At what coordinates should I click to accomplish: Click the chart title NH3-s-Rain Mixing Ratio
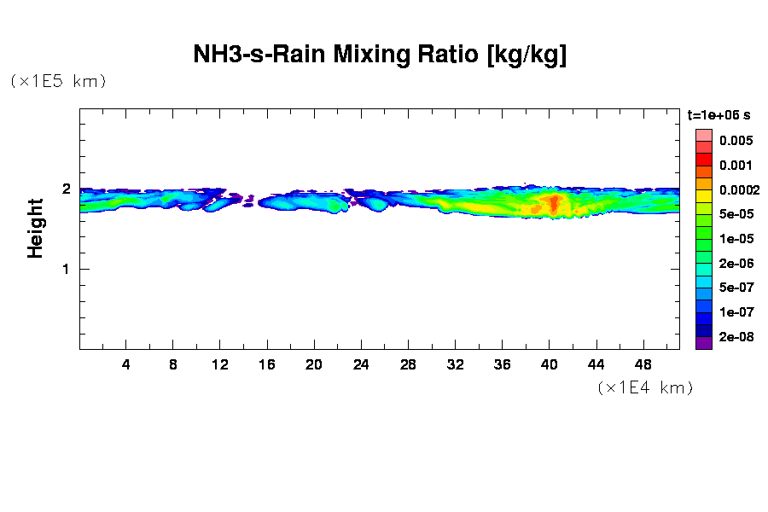tap(380, 55)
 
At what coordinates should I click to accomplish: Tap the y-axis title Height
tap(35, 228)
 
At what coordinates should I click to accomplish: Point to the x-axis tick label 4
tap(126, 364)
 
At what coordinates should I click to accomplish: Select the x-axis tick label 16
tap(267, 364)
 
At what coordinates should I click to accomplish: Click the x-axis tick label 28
tap(408, 364)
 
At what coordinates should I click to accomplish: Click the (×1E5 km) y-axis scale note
tap(58, 81)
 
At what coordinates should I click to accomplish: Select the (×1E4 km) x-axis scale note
tap(645, 387)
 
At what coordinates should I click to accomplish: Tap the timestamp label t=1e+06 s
tap(719, 114)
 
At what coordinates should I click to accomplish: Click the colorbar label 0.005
tap(735, 141)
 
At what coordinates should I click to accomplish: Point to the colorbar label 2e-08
tap(735, 337)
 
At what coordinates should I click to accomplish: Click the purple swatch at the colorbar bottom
tap(704, 343)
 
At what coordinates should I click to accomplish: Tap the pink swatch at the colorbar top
tap(704, 135)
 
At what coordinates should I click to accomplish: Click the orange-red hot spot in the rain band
tap(553, 203)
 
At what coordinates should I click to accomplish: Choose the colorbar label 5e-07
tap(735, 288)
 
